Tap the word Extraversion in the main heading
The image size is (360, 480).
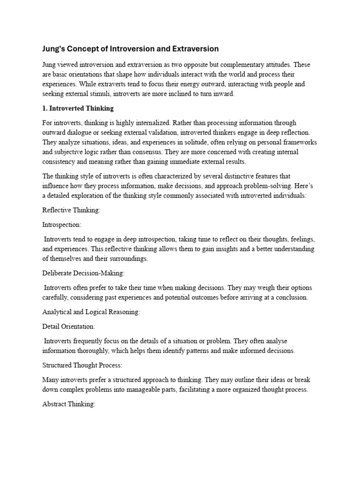(194, 49)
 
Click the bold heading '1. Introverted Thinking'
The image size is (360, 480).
(78, 108)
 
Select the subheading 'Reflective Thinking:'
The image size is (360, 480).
(71, 210)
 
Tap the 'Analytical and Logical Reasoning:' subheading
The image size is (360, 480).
(91, 312)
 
